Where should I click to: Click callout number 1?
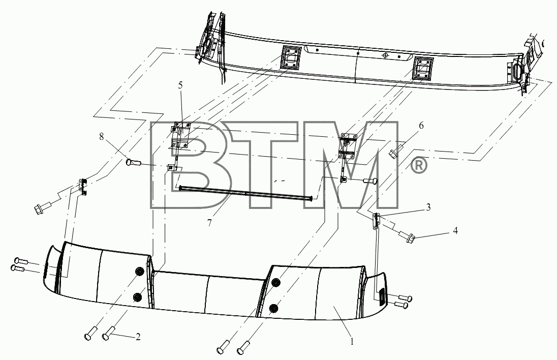coord(352,342)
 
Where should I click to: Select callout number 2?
coord(138,336)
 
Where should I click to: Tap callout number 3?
coord(428,207)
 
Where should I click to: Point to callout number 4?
coord(455,231)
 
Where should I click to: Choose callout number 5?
coord(180,85)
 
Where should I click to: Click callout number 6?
coord(421,126)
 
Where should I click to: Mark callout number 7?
coord(209,223)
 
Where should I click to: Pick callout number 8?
coord(102,136)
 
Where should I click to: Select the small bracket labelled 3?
coord(376,220)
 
